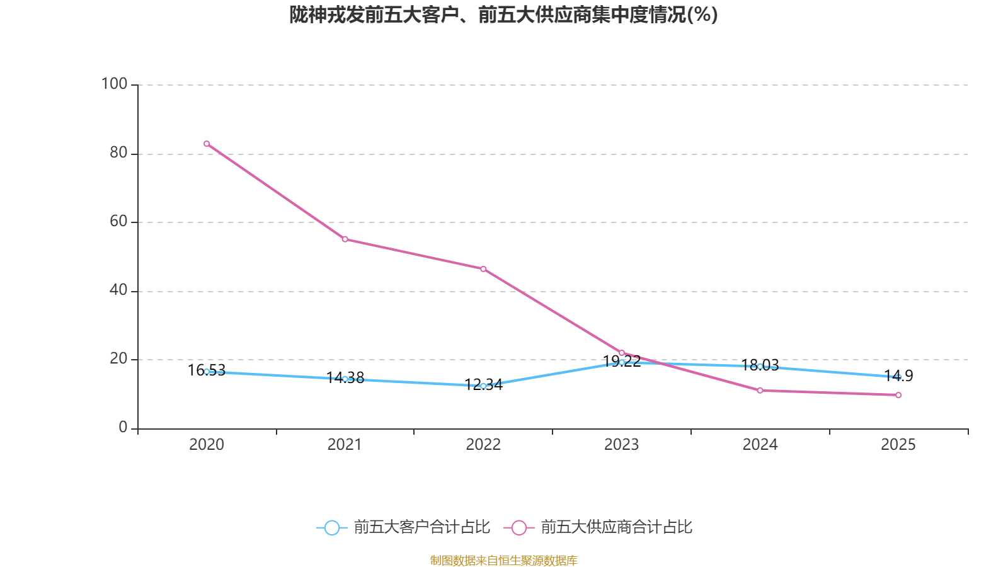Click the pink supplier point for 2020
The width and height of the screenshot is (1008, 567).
tap(207, 144)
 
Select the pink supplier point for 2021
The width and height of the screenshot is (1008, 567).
tap(345, 239)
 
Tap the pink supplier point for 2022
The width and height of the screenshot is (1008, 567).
tap(483, 269)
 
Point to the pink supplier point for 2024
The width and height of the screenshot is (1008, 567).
tap(760, 391)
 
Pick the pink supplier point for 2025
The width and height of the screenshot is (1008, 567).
tap(898, 395)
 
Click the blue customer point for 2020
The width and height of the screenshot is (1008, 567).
tap(207, 372)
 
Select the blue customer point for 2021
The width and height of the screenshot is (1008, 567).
tap(345, 379)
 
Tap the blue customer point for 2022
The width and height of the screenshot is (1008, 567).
tap(483, 386)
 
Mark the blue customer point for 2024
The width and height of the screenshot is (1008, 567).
tap(760, 366)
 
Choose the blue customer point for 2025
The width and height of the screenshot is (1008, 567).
tap(898, 377)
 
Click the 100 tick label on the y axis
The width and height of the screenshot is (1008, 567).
tap(114, 84)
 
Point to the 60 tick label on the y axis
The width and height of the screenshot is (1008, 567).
tap(118, 221)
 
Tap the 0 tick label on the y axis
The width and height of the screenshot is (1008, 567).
tap(123, 427)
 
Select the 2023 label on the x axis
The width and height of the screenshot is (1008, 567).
tap(621, 445)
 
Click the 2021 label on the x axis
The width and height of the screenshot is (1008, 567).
tap(345, 445)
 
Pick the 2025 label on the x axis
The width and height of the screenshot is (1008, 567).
tap(898, 445)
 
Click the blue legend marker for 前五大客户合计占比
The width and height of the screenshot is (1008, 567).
tap(331, 527)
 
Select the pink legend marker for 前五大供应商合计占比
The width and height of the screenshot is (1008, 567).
tap(519, 527)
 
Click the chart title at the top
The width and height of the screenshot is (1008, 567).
tap(503, 14)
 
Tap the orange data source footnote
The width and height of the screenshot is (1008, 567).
tap(503, 560)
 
